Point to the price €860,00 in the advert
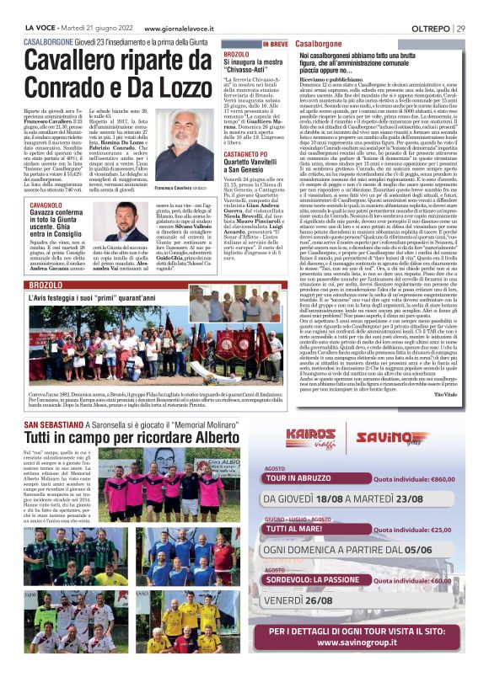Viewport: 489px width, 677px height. point(442,477)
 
